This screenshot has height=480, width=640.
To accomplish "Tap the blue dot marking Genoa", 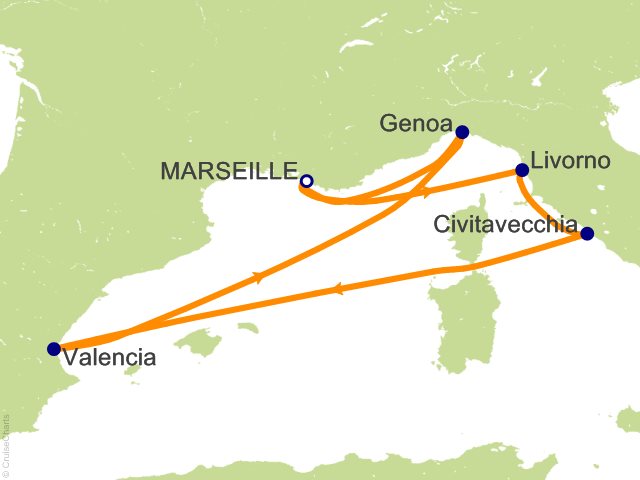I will tap(462, 132).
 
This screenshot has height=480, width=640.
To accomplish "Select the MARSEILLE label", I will tap(230, 172).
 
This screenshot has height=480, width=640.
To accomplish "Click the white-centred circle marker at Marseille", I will tap(307, 181).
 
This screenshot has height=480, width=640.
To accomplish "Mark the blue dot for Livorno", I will tap(521, 170).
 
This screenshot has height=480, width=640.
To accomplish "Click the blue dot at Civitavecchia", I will tap(587, 234).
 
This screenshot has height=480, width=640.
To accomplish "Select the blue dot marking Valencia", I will tap(53, 349).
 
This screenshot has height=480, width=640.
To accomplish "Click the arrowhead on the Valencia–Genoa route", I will tap(261, 277).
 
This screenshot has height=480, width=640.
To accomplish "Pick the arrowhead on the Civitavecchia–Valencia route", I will tap(336, 290).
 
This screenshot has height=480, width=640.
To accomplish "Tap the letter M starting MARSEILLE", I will tap(170, 172).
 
